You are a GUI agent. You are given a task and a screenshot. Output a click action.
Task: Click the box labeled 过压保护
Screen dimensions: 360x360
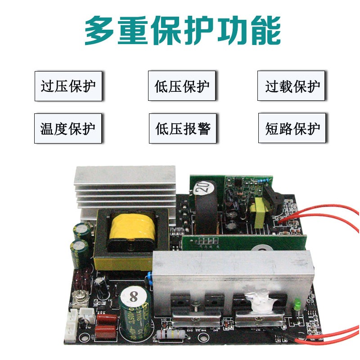[x=68, y=86]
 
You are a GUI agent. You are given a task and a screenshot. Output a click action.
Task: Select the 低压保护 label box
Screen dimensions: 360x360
[x=182, y=86]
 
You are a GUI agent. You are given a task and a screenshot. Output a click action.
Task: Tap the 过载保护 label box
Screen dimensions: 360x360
[x=291, y=86]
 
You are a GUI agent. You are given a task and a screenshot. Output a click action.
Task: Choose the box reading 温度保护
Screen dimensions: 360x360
[x=68, y=129]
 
